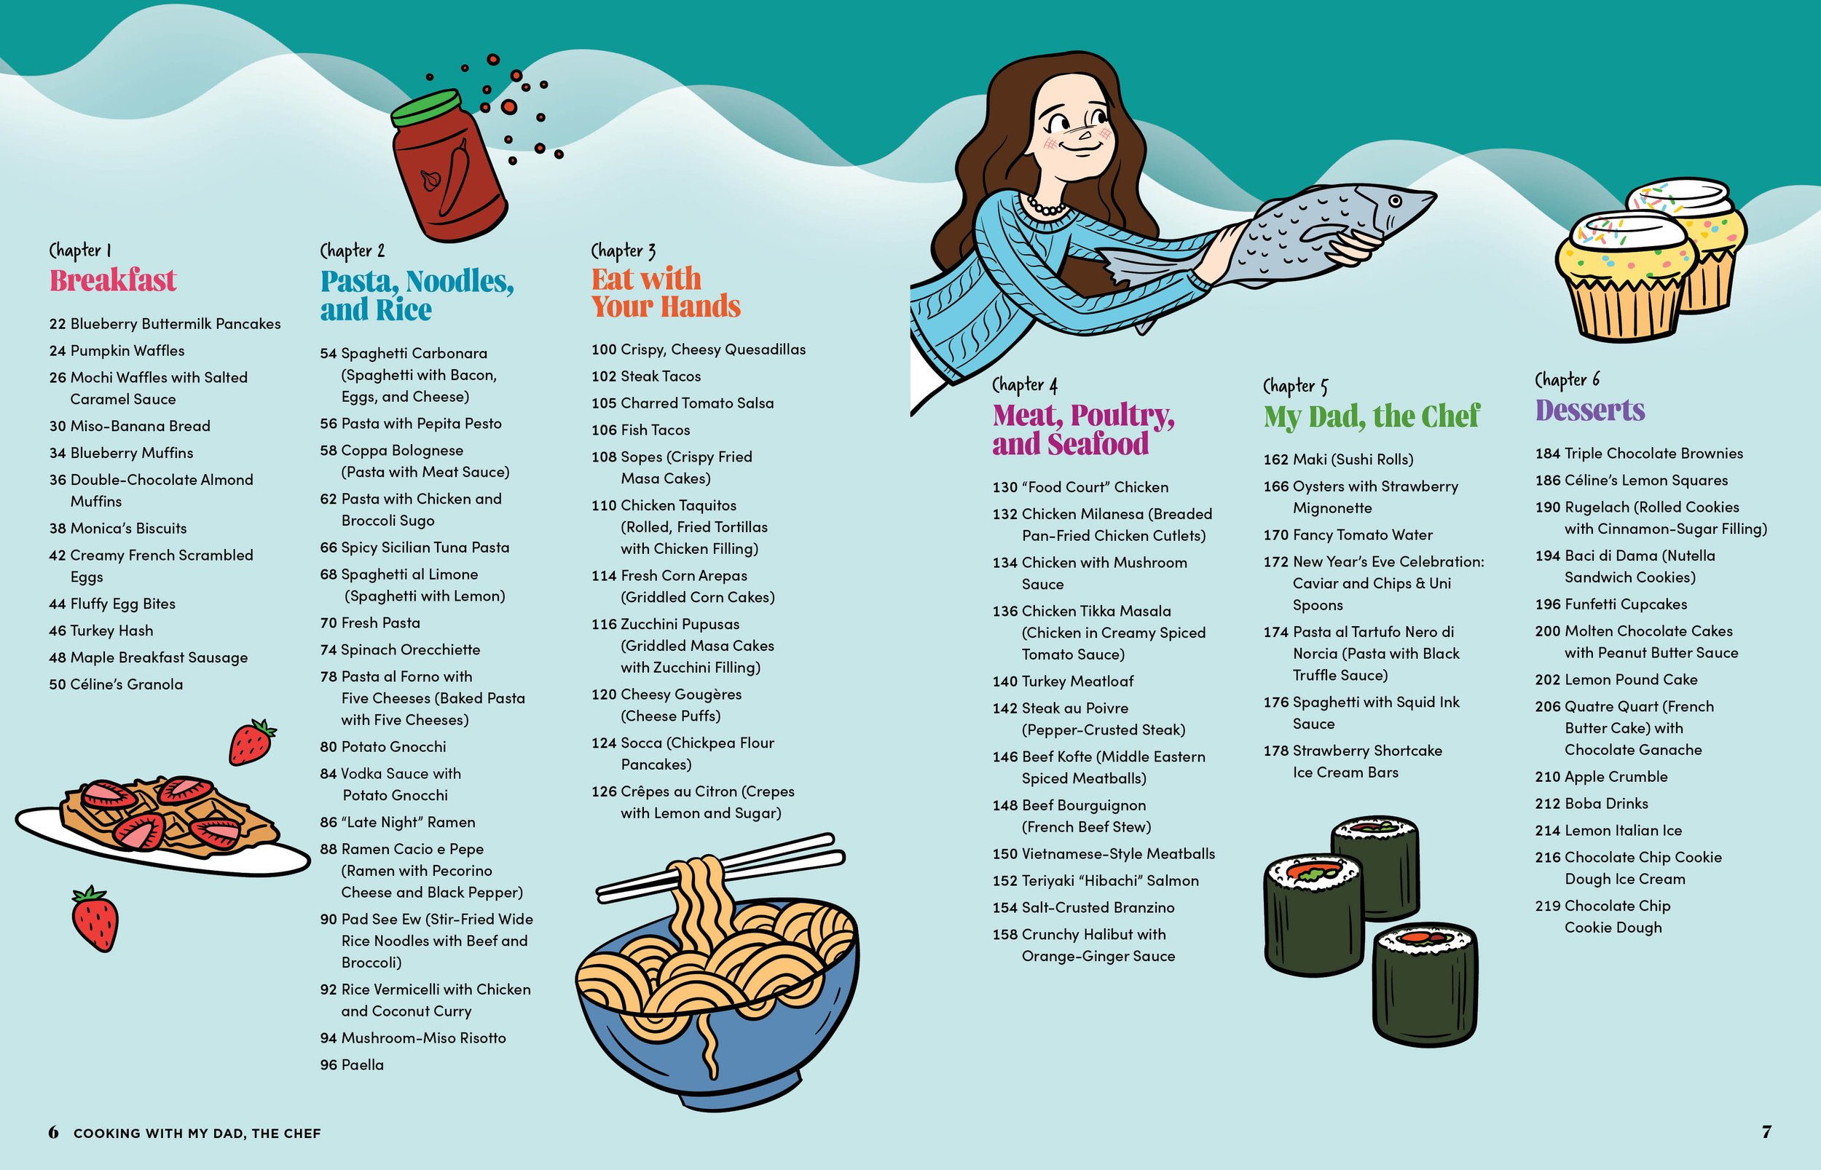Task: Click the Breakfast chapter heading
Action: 112,280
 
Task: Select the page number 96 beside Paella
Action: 329,1065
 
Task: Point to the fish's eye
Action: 1395,202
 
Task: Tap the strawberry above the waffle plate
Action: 252,741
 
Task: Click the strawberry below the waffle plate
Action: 95,920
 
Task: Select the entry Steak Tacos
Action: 646,377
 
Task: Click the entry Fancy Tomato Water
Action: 1348,535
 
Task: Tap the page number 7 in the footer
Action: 1766,1132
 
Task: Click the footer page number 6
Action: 53,1133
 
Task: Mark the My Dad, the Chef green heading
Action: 1372,416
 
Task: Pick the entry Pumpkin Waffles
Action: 117,351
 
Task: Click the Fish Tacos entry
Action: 641,430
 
